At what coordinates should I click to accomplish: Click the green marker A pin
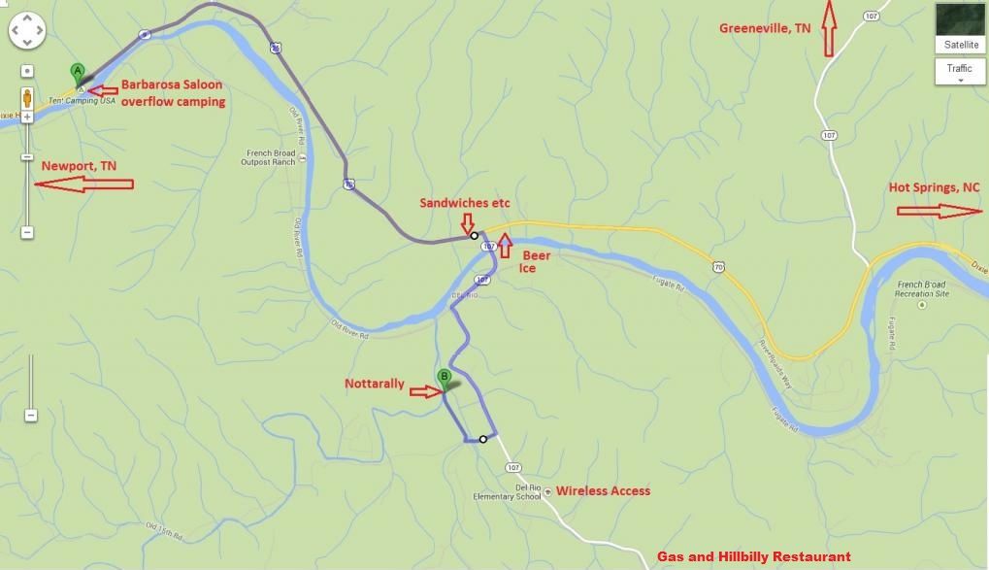click(78, 72)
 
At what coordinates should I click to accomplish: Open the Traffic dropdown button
click(959, 71)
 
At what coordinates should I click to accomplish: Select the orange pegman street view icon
click(27, 98)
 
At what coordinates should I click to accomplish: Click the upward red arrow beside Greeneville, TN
click(828, 29)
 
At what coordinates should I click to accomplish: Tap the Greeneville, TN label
click(764, 28)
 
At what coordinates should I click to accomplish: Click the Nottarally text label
click(375, 384)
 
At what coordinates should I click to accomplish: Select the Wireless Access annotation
click(603, 491)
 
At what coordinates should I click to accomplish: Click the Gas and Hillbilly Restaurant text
click(753, 556)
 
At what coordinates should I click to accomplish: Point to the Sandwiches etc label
click(464, 203)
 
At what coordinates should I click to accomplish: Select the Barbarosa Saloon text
click(172, 84)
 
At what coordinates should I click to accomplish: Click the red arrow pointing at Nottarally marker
click(424, 392)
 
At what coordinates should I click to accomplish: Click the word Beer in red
click(537, 255)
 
